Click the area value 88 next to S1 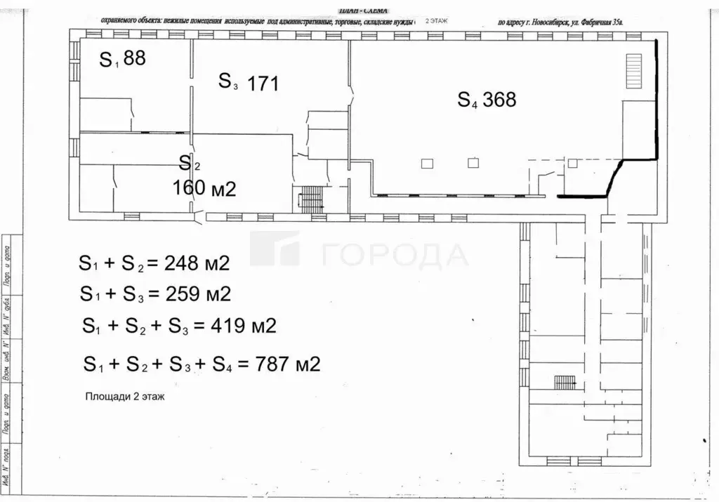[134, 58]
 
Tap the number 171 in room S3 [263, 84]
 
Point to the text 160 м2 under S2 [204, 187]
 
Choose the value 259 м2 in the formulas [197, 293]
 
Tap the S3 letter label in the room [228, 81]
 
